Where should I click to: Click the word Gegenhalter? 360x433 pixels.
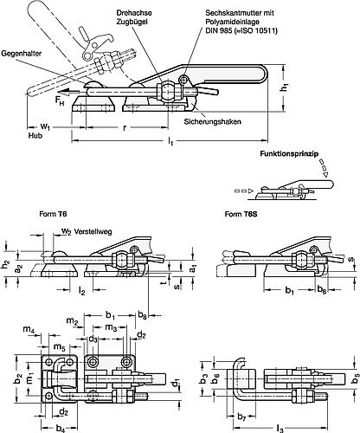pyautogui.click(x=22, y=54)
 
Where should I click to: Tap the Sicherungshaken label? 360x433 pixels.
pyautogui.click(x=213, y=121)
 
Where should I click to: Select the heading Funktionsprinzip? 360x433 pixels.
pyautogui.click(x=289, y=153)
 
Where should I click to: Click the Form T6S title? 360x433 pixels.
pyautogui.click(x=241, y=214)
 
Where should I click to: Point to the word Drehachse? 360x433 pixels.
pyautogui.click(x=134, y=13)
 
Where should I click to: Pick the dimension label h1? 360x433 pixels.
pyautogui.click(x=285, y=87)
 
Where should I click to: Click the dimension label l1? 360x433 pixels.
pyautogui.click(x=170, y=141)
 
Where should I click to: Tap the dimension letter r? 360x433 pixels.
pyautogui.click(x=125, y=127)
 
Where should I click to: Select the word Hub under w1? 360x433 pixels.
pyautogui.click(x=35, y=135)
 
